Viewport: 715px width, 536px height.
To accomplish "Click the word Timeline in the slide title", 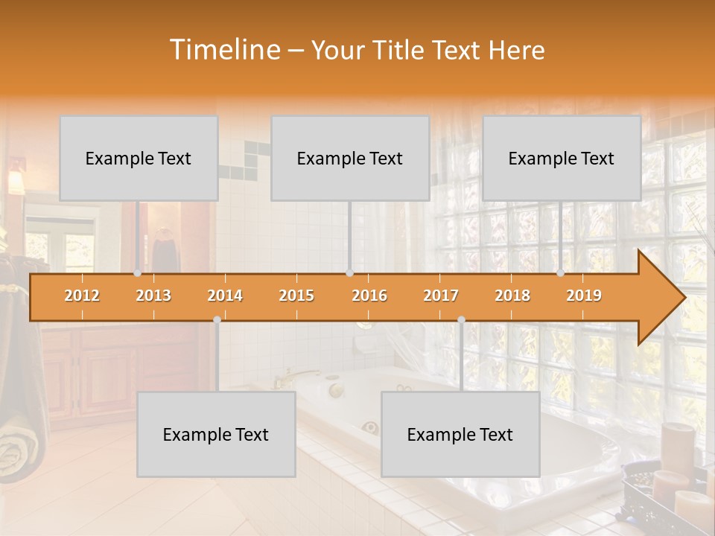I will click(x=223, y=50).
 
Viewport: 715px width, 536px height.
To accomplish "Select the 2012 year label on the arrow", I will click(x=82, y=296).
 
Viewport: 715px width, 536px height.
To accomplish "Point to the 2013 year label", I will click(x=153, y=296).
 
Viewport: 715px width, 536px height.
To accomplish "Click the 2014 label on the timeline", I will click(x=225, y=296).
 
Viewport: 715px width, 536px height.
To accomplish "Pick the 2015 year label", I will click(x=296, y=296).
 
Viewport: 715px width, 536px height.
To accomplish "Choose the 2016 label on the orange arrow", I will click(x=369, y=296).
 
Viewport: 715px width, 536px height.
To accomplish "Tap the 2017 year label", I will click(x=441, y=296).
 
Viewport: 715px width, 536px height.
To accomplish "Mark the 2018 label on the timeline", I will click(x=512, y=296).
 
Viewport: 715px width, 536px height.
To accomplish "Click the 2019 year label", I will click(x=584, y=296).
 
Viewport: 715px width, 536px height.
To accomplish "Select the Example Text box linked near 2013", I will click(x=139, y=158).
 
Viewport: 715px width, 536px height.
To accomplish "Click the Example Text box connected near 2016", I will click(x=350, y=158).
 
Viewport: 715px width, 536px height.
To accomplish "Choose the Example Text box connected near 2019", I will click(x=562, y=158).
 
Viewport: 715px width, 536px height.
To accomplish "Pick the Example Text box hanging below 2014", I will click(x=216, y=434).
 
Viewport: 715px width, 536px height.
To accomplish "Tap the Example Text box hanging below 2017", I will click(x=460, y=434).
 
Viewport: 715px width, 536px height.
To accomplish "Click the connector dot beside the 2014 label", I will click(x=217, y=319).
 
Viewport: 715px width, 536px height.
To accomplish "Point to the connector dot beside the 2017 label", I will click(x=461, y=319).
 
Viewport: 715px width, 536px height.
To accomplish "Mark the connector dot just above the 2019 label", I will click(x=561, y=272).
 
